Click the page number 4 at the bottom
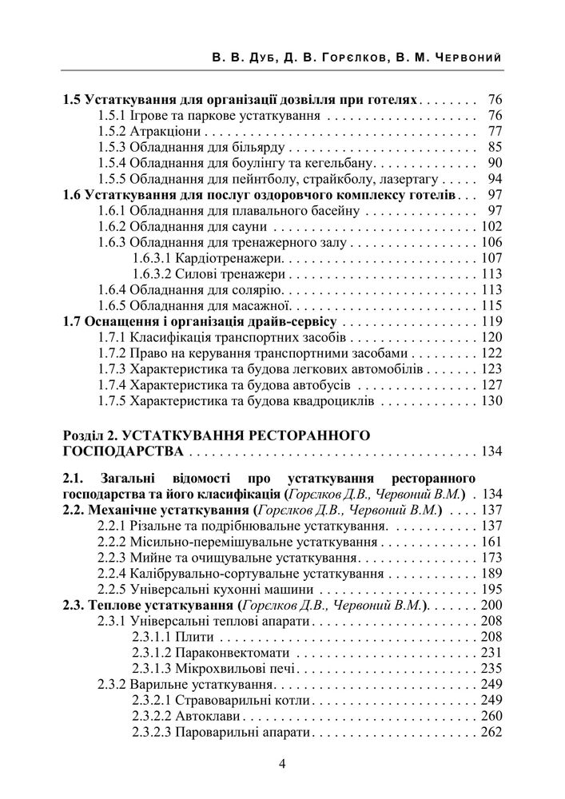coord(282,762)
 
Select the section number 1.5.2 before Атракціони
coord(112,132)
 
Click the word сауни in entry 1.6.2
coord(253,226)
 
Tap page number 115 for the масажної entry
coord(491,305)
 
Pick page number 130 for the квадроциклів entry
coord(491,400)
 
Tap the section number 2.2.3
coord(112,557)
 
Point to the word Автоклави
coord(207,715)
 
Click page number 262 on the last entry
coord(491,731)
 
